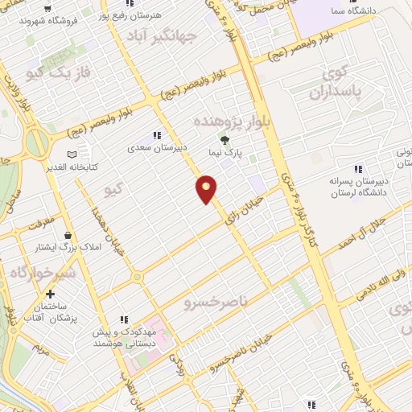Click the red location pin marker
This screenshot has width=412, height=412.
point(208,189)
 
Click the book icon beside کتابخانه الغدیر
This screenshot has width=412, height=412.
point(73,154)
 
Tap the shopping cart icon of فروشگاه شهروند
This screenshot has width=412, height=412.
point(49,10)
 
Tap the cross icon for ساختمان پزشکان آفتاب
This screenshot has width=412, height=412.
point(51,295)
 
